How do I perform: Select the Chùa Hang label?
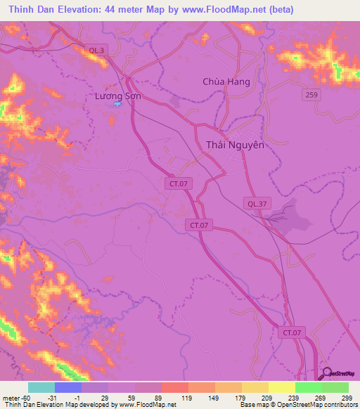[226, 82]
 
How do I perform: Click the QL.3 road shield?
[97, 50]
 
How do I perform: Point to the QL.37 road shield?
[256, 203]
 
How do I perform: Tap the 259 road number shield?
[312, 94]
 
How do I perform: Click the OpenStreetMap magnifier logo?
[327, 374]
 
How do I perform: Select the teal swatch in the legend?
[41, 387]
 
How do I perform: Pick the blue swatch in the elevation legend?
[67, 387]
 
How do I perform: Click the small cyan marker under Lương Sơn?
[117, 105]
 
